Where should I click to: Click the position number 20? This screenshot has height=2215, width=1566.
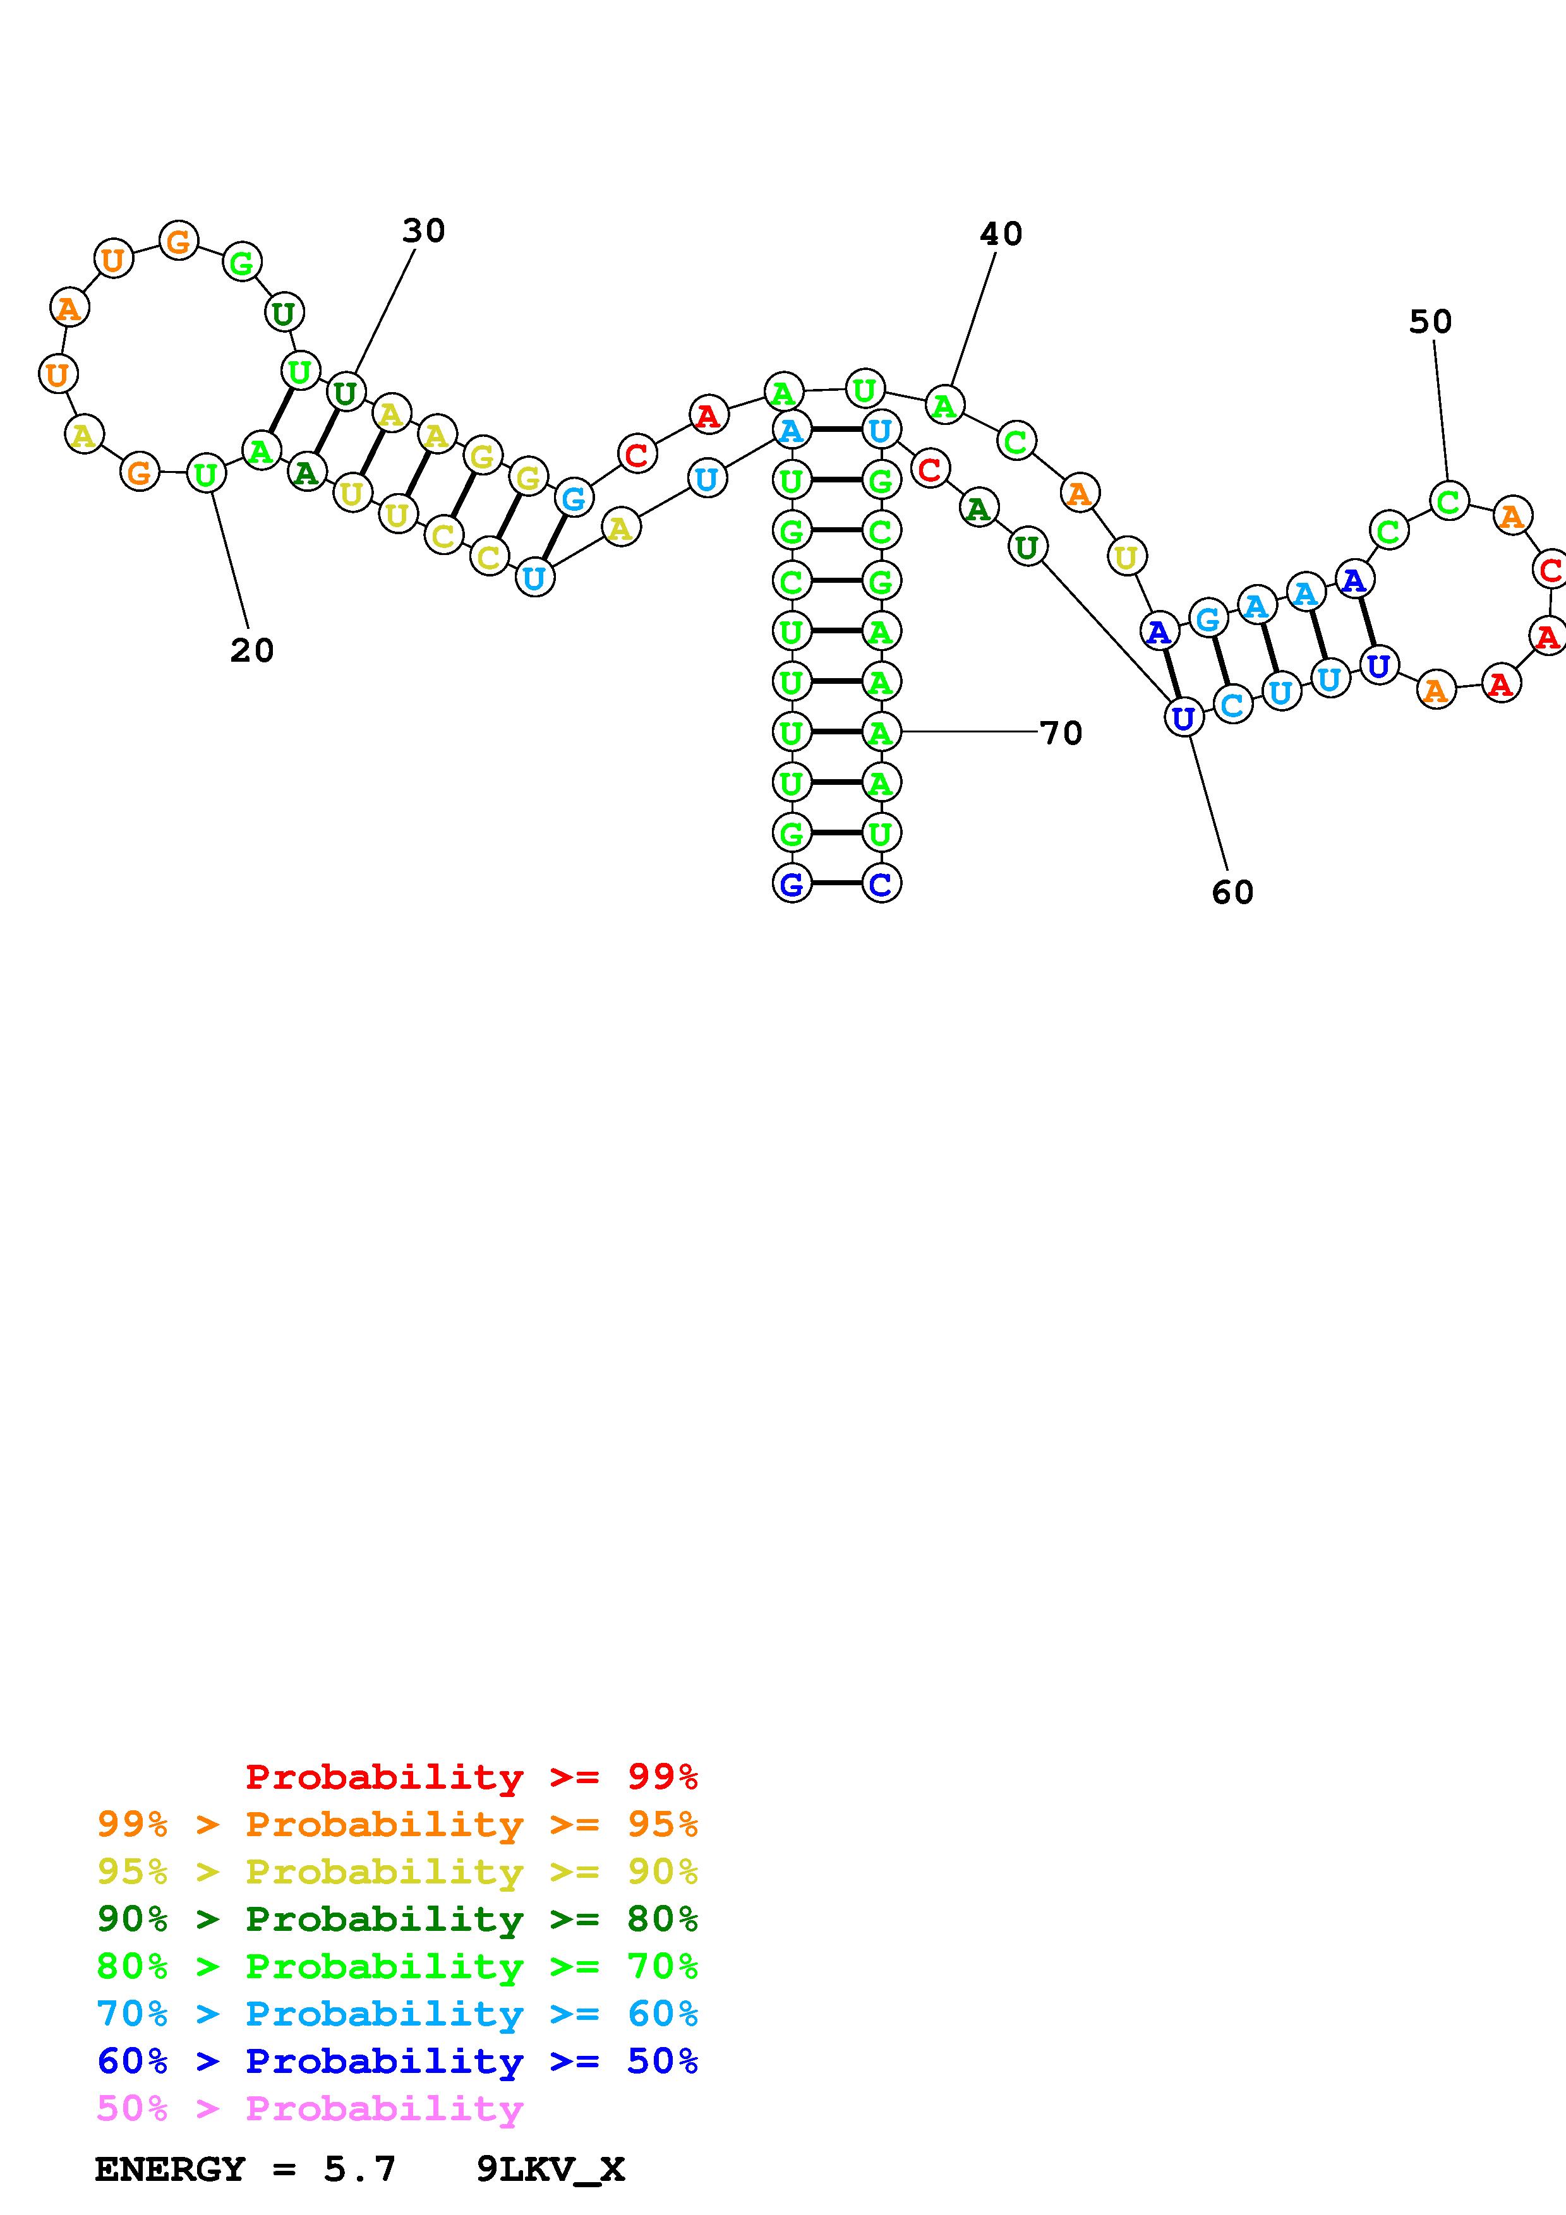(x=252, y=650)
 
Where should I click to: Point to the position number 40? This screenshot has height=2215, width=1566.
(x=1001, y=234)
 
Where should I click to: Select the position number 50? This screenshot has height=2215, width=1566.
(x=1430, y=321)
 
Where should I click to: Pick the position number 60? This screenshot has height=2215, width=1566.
(x=1232, y=892)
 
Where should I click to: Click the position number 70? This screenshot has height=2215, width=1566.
(x=1061, y=733)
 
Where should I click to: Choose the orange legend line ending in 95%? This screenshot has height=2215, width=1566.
(x=397, y=1824)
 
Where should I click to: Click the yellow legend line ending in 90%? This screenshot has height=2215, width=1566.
(x=397, y=1871)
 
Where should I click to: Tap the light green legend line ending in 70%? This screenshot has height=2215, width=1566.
(x=397, y=1965)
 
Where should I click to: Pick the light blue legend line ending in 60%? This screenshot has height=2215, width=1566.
(x=397, y=2014)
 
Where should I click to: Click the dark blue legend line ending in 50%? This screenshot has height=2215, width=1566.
(x=397, y=2061)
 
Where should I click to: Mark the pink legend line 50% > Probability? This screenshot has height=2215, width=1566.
(x=310, y=2108)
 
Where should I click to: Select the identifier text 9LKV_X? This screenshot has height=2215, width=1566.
(x=551, y=2170)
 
